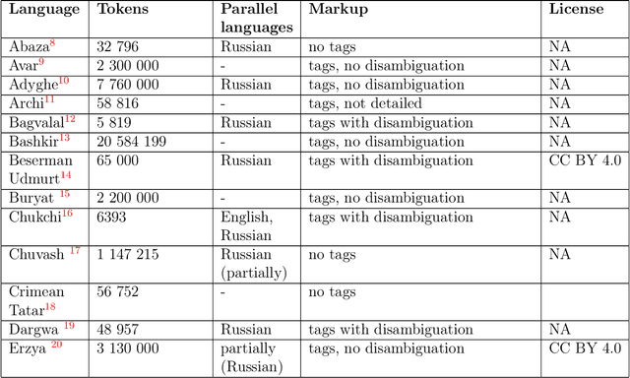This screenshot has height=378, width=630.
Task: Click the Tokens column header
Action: (x=124, y=9)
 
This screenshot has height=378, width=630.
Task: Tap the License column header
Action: (x=578, y=9)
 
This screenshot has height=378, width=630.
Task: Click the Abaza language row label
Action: (x=29, y=46)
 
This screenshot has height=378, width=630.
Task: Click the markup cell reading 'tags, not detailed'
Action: (x=369, y=102)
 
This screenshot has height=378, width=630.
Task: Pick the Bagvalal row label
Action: (x=37, y=122)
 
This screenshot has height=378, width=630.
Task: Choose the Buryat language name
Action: (x=30, y=197)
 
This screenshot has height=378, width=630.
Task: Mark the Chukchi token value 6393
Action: (x=113, y=216)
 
